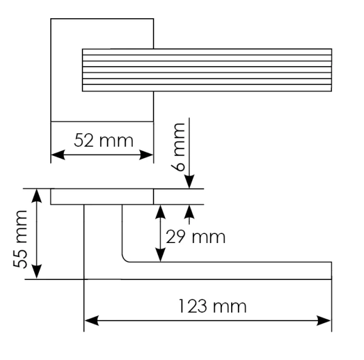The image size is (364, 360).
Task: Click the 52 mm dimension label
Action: point(103,141)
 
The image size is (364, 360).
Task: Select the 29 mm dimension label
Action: point(195,236)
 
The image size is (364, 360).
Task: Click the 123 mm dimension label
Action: point(212,306)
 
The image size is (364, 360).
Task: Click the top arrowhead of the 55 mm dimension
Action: point(37,193)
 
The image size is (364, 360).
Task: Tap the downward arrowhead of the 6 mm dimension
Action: point(189,183)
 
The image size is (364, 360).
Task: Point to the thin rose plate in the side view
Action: point(102,196)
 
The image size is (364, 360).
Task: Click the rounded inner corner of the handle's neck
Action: point(126,259)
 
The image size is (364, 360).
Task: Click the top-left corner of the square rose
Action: point(51,19)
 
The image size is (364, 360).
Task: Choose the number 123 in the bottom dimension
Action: point(195,306)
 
